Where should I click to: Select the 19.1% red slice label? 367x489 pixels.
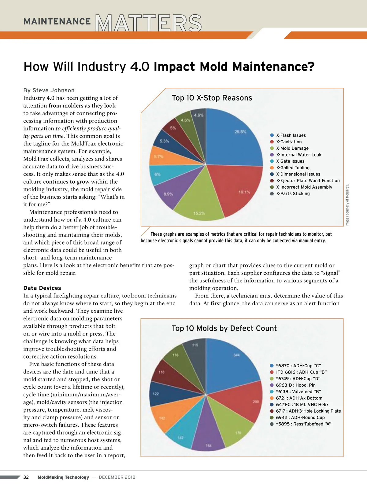click(x=244, y=192)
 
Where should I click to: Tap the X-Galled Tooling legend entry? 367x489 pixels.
click(x=293, y=168)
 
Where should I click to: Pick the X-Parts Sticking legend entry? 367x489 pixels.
click(x=293, y=193)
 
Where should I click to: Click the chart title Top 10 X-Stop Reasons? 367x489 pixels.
click(x=212, y=98)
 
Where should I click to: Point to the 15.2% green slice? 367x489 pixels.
click(x=199, y=208)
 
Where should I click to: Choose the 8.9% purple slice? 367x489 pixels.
click(x=168, y=194)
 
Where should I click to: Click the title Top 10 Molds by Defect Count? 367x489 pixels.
click(x=224, y=328)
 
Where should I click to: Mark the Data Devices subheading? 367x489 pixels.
click(x=42, y=288)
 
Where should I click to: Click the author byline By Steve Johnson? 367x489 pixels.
click(x=49, y=90)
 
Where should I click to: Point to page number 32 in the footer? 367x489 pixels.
click(x=26, y=477)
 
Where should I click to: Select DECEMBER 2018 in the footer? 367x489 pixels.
click(x=117, y=477)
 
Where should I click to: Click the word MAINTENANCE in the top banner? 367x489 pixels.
click(x=57, y=21)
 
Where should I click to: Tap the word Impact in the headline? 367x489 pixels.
click(x=174, y=67)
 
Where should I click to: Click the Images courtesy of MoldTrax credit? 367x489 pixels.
click(x=347, y=205)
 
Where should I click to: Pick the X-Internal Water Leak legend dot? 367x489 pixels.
click(x=272, y=155)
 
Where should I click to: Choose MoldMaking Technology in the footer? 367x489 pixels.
click(x=63, y=477)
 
